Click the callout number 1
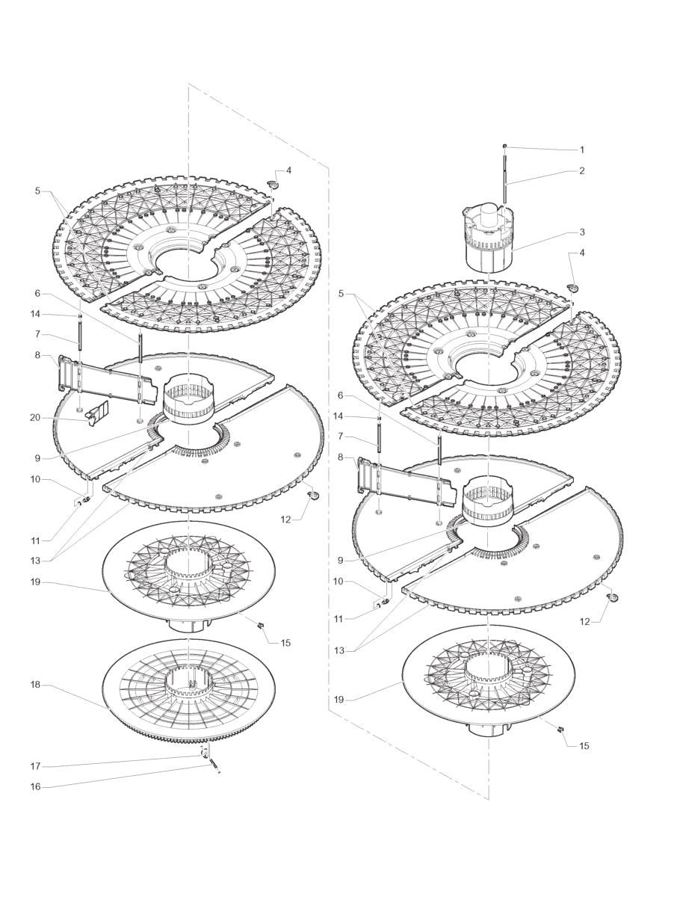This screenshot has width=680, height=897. [581, 149]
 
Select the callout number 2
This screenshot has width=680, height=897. [581, 170]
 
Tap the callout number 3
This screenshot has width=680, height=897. [581, 233]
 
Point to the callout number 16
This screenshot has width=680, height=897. [35, 786]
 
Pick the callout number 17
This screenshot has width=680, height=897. [35, 766]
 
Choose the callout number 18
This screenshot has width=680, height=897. [35, 684]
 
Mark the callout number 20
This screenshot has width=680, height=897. [35, 418]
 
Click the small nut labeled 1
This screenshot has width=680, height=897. [506, 146]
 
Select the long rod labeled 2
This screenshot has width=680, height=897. [506, 179]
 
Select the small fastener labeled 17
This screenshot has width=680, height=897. [203, 753]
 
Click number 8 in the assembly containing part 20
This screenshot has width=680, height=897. [37, 356]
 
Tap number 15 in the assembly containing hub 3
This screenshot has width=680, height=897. [584, 745]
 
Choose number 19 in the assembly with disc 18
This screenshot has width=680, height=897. [35, 582]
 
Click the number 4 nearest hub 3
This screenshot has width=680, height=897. [583, 253]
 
